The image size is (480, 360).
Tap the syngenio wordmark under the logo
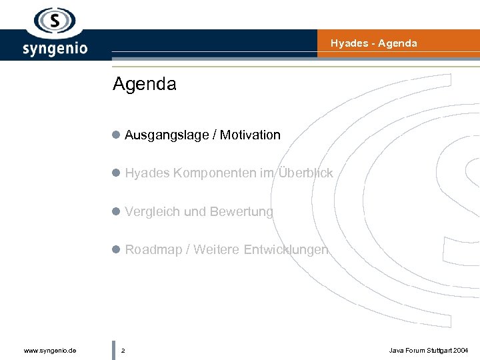(55, 49)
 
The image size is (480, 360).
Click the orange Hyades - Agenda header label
(373, 43)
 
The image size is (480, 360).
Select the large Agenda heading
(145, 85)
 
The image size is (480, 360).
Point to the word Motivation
(250, 135)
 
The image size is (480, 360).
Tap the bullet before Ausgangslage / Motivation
(116, 135)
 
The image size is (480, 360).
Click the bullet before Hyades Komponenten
(116, 173)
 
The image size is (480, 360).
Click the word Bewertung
(241, 212)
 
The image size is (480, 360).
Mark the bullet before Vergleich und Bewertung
(116, 211)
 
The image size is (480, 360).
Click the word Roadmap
(153, 250)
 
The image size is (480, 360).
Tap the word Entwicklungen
(286, 250)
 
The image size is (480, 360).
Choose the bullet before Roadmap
(116, 250)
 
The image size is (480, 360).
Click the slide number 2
(123, 350)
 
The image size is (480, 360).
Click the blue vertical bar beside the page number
(114, 350)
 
